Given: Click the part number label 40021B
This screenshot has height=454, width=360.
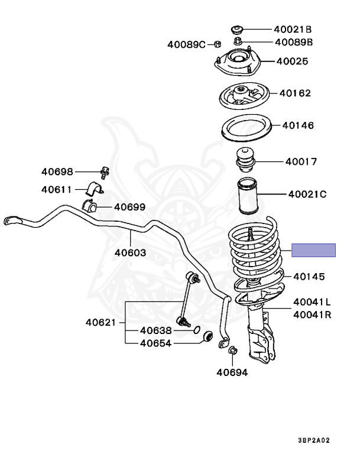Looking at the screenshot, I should (x=293, y=29).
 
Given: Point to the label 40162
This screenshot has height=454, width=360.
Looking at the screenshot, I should (x=296, y=93).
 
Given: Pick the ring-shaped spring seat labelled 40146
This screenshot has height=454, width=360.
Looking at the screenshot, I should (x=247, y=129).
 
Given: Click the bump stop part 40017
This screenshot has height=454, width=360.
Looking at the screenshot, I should (x=244, y=161).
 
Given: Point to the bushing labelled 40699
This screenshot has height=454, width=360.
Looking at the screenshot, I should (x=90, y=207).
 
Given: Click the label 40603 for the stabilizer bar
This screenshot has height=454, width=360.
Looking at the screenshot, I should (x=131, y=252).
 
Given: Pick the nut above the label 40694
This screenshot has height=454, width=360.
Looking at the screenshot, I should (x=232, y=351).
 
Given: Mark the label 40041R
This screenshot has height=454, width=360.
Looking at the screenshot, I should (x=312, y=315).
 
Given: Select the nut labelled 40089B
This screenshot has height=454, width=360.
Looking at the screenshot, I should (x=238, y=42).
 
